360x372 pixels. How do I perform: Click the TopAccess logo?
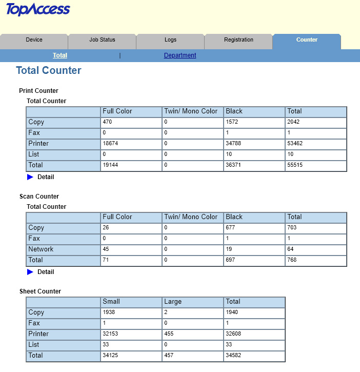click(38, 10)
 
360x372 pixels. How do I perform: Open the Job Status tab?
click(102, 40)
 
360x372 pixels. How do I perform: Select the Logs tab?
click(170, 40)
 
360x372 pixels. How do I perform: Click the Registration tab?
click(238, 40)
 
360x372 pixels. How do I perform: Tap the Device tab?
click(34, 40)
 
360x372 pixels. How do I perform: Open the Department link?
click(180, 55)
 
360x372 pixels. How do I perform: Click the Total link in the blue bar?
click(60, 55)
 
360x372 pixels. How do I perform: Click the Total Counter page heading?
click(49, 71)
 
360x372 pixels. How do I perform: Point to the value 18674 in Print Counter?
click(111, 144)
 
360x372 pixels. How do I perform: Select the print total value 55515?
click(295, 165)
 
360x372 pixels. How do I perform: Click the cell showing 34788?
click(234, 144)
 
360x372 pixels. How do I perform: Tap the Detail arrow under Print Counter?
click(30, 177)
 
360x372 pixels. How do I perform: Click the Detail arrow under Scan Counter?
click(30, 272)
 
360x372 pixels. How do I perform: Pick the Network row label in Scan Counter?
click(41, 249)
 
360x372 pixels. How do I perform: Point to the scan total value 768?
click(292, 260)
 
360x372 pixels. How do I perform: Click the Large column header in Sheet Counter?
click(173, 302)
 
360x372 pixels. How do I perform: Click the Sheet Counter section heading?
click(40, 291)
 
